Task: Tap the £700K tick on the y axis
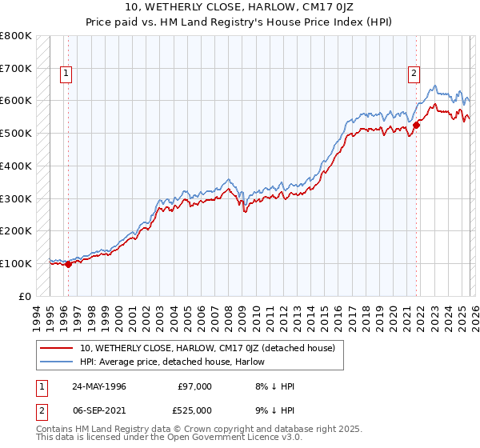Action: (x=16, y=68)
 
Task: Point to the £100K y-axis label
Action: (x=16, y=263)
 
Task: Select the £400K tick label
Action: (x=16, y=166)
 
